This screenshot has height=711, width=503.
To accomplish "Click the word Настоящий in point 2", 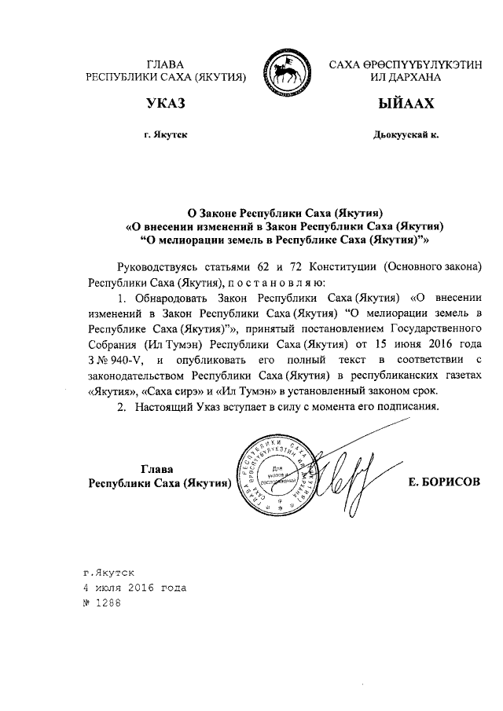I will [166, 407].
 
